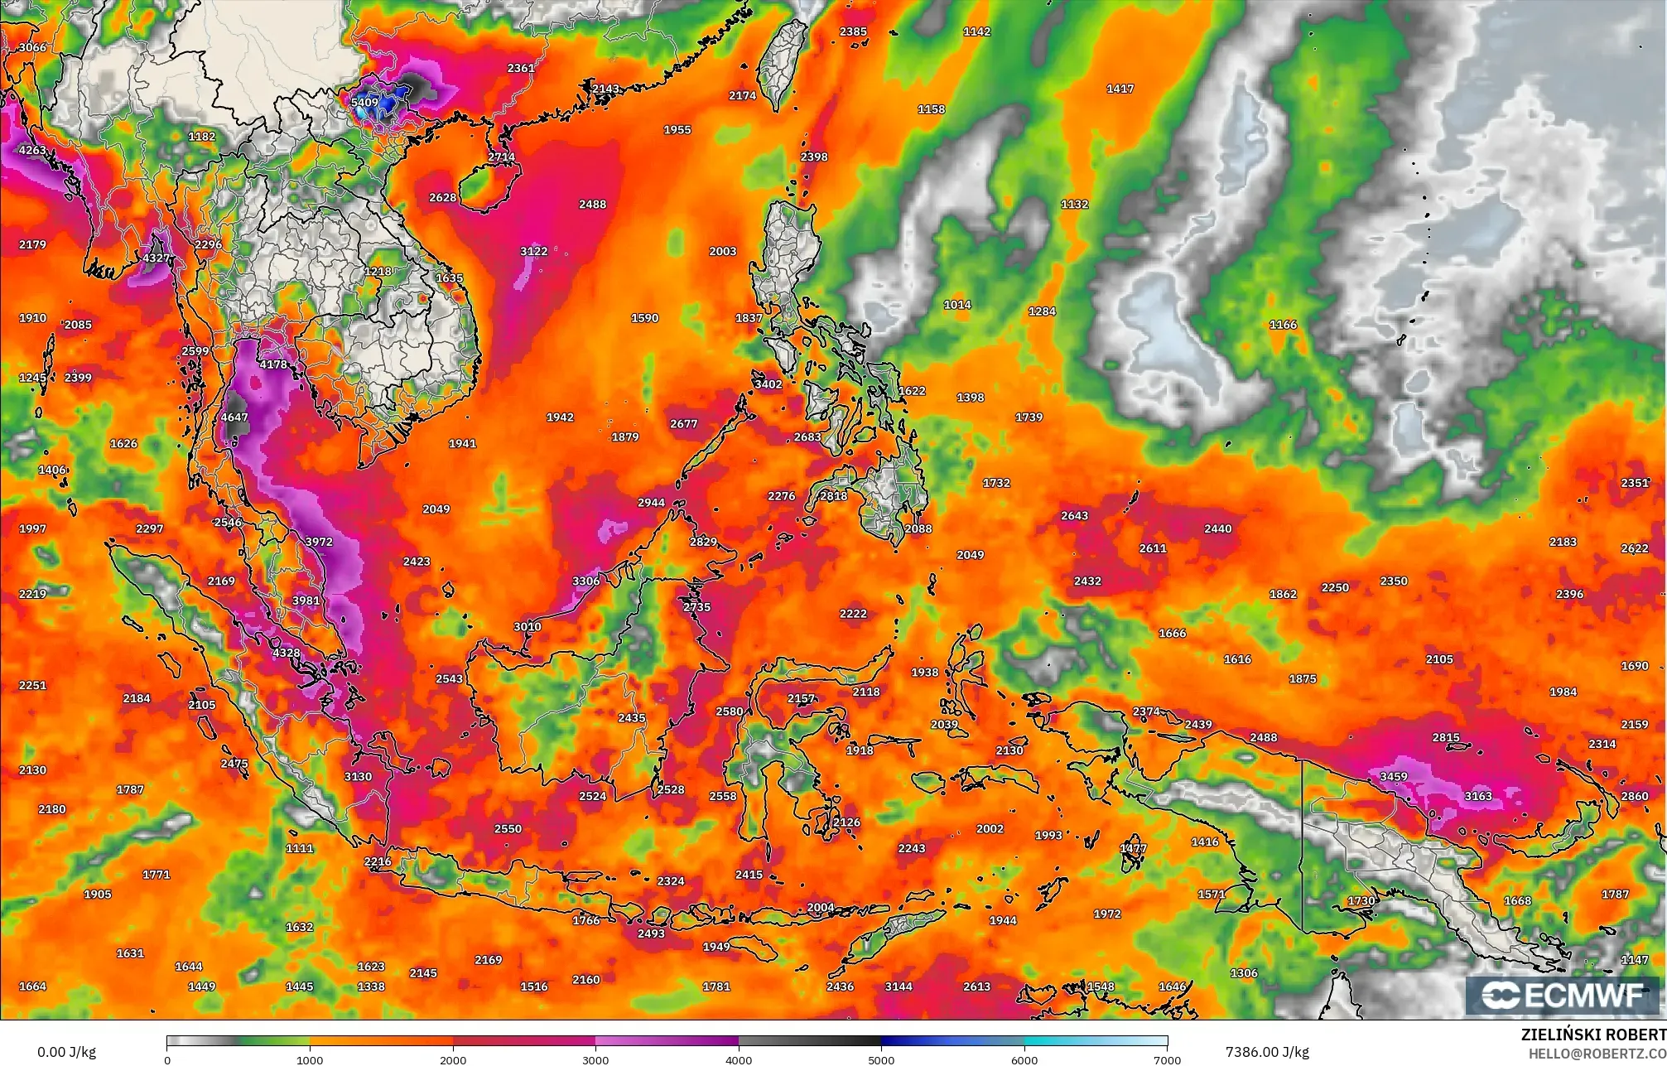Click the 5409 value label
(364, 103)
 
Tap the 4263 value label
(33, 150)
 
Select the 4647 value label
(234, 417)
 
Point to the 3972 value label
(319, 542)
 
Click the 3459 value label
(1394, 776)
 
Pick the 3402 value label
(768, 384)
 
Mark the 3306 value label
(586, 581)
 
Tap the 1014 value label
(957, 305)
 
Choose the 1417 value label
(1120, 89)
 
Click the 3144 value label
(899, 986)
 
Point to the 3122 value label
(534, 251)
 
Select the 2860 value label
(1635, 796)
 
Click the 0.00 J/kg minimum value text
(66, 1052)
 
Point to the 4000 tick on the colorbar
(739, 1059)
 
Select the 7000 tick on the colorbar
(1167, 1059)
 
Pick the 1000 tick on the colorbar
(310, 1059)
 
